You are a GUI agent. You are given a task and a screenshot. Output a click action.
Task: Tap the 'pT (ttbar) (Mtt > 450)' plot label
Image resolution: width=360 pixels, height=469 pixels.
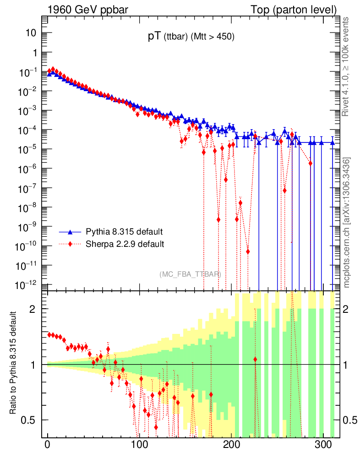point(191,38)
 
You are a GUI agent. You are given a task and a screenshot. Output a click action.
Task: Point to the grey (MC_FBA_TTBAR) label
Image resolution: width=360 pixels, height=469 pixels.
point(191,274)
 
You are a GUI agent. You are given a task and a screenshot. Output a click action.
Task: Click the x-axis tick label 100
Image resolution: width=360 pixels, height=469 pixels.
point(139,445)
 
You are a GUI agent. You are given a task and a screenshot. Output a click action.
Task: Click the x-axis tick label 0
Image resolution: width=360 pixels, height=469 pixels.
point(47,445)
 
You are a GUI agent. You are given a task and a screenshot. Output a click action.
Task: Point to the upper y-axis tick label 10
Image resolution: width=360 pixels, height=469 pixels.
point(31,33)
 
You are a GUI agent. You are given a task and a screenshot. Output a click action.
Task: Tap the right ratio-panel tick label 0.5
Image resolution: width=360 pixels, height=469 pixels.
point(350,420)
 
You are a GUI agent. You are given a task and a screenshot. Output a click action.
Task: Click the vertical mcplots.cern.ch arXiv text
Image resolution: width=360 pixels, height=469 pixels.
point(346,223)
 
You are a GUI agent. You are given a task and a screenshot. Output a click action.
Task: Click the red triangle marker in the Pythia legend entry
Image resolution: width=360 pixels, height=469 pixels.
point(71,231)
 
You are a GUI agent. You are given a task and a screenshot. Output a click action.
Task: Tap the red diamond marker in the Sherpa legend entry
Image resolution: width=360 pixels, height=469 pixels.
point(71,244)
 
